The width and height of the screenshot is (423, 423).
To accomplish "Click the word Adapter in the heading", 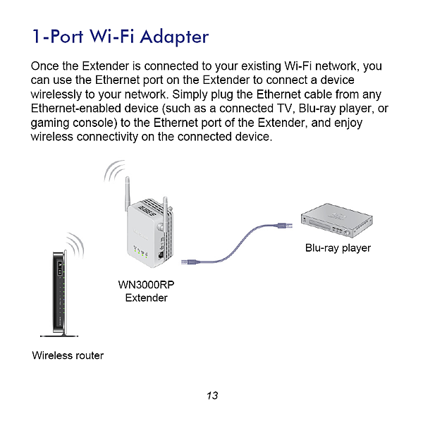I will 171,36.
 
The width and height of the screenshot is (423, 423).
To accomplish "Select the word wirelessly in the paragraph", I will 58,94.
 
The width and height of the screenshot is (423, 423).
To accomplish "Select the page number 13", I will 212,396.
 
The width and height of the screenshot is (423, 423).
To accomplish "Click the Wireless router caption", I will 68,355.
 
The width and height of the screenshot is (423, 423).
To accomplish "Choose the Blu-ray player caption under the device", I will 338,248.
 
